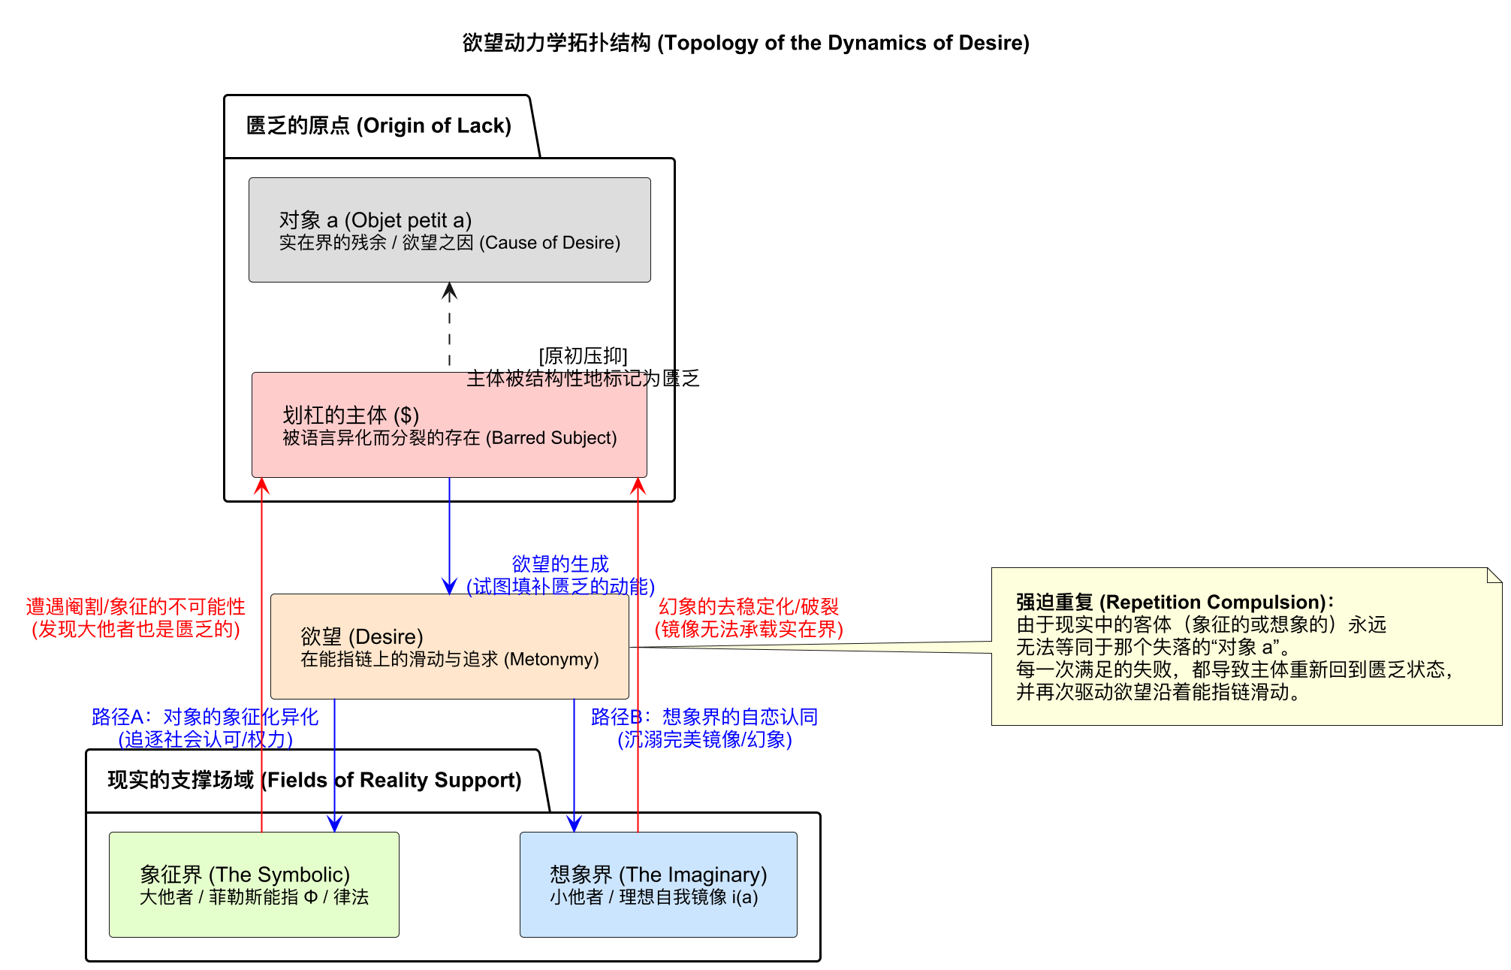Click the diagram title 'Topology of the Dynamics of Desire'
click(x=745, y=43)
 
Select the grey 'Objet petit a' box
click(x=449, y=230)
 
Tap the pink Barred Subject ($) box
click(x=449, y=425)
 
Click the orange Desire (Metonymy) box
click(x=449, y=646)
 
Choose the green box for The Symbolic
click(x=254, y=884)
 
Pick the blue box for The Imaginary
click(x=658, y=884)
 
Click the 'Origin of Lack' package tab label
click(x=379, y=125)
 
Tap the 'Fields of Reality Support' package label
click(x=314, y=780)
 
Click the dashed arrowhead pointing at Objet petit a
click(x=449, y=290)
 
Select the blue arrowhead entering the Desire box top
click(x=449, y=587)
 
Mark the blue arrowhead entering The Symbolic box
click(x=335, y=824)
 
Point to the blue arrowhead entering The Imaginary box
click(x=575, y=824)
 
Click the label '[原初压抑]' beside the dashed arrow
click(x=583, y=355)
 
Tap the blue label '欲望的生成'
click(x=560, y=564)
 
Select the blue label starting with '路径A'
click(x=204, y=717)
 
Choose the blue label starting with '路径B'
click(x=704, y=717)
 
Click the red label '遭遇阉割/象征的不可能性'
click(x=135, y=606)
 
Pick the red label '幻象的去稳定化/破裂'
click(x=749, y=606)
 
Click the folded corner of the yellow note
click(x=1494, y=575)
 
